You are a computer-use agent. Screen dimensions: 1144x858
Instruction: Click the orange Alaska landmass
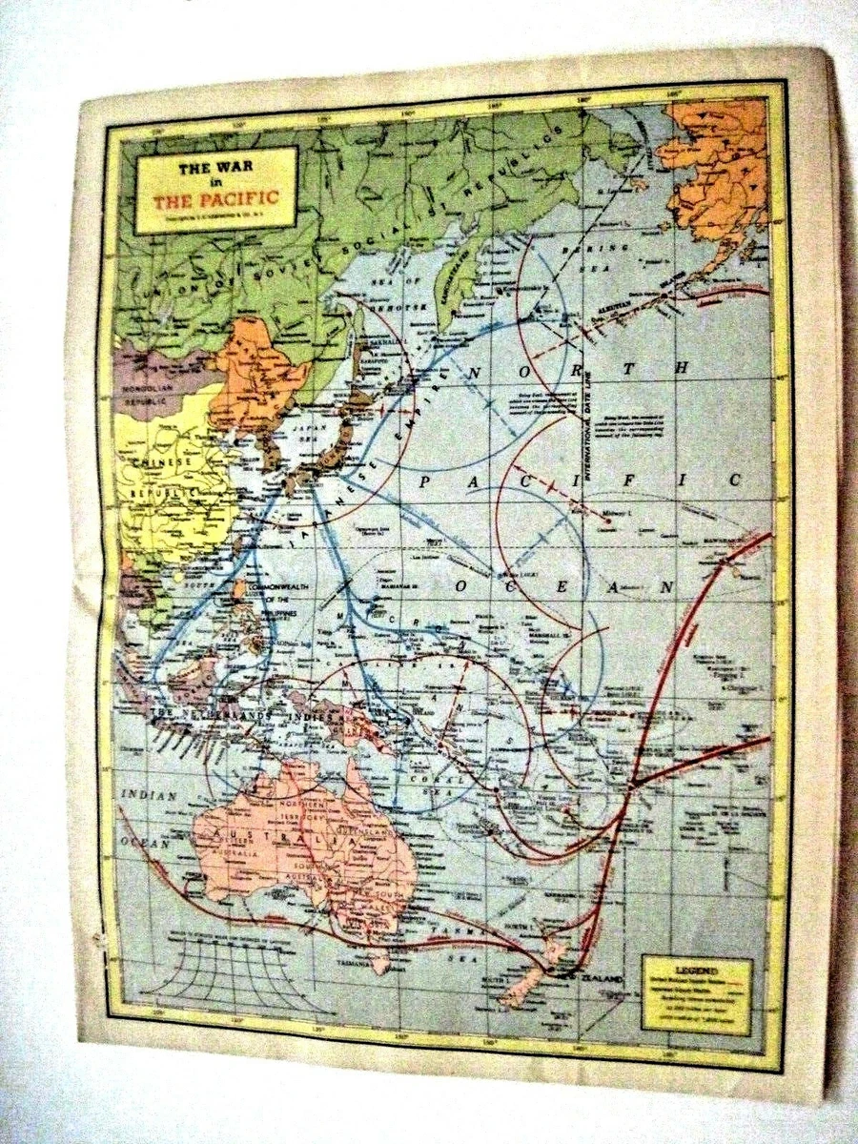pos(720,167)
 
